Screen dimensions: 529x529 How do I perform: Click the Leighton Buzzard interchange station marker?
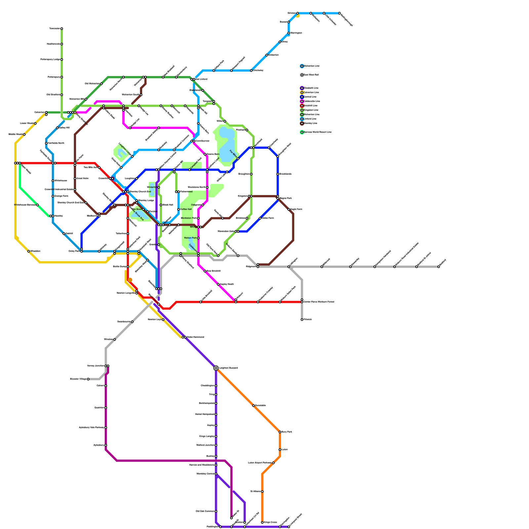coord(216,368)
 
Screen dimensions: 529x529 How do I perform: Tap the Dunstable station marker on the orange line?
coord(253,405)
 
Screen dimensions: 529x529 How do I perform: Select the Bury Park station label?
coord(287,432)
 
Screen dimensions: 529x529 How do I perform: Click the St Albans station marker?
coord(262,492)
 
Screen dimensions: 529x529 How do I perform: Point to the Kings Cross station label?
coord(270,522)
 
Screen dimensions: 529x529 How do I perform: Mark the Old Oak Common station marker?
coord(216,511)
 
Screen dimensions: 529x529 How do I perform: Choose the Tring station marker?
coord(216,394)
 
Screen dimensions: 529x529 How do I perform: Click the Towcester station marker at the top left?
coord(62,29)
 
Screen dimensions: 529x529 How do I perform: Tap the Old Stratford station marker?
coord(62,95)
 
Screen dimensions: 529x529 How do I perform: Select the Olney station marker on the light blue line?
coord(280,42)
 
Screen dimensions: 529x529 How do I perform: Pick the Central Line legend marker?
coord(302,97)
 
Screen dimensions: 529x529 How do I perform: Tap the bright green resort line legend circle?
coord(302,132)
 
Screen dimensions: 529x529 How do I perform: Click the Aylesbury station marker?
coord(106,445)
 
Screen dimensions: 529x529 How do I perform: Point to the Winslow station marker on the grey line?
coord(115,340)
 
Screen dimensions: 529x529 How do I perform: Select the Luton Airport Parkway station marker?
coord(273,463)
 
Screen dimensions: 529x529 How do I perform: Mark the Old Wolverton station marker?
coord(102,84)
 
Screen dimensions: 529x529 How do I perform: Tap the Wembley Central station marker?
coord(216,474)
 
